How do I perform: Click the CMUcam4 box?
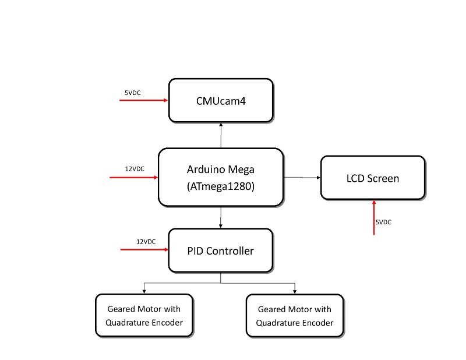pyautogui.click(x=221, y=100)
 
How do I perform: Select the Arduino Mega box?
pyautogui.click(x=221, y=177)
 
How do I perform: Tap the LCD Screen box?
pyautogui.click(x=373, y=178)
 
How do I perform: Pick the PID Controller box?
pyautogui.click(x=221, y=250)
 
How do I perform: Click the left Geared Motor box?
pyautogui.click(x=144, y=316)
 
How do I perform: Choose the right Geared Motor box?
pyautogui.click(x=295, y=316)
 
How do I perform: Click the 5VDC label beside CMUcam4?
pyautogui.click(x=133, y=93)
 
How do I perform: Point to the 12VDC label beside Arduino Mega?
pyautogui.click(x=135, y=169)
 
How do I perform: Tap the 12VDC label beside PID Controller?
pyautogui.click(x=146, y=242)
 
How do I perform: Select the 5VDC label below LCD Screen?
pyautogui.click(x=383, y=222)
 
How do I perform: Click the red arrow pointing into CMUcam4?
pyautogui.click(x=143, y=100)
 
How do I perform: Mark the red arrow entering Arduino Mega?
pyautogui.click(x=134, y=178)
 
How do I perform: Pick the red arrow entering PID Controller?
pyautogui.click(x=144, y=249)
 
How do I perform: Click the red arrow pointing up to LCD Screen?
pyautogui.click(x=374, y=218)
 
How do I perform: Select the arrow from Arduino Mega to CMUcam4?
pyautogui.click(x=221, y=135)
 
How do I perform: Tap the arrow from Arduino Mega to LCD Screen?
pyautogui.click(x=302, y=178)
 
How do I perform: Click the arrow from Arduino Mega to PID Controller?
pyautogui.click(x=221, y=217)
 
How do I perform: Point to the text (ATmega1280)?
pyautogui.click(x=221, y=186)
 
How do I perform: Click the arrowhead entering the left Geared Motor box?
pyautogui.click(x=144, y=292)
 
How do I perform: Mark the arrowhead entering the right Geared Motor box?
pyautogui.click(x=295, y=292)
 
